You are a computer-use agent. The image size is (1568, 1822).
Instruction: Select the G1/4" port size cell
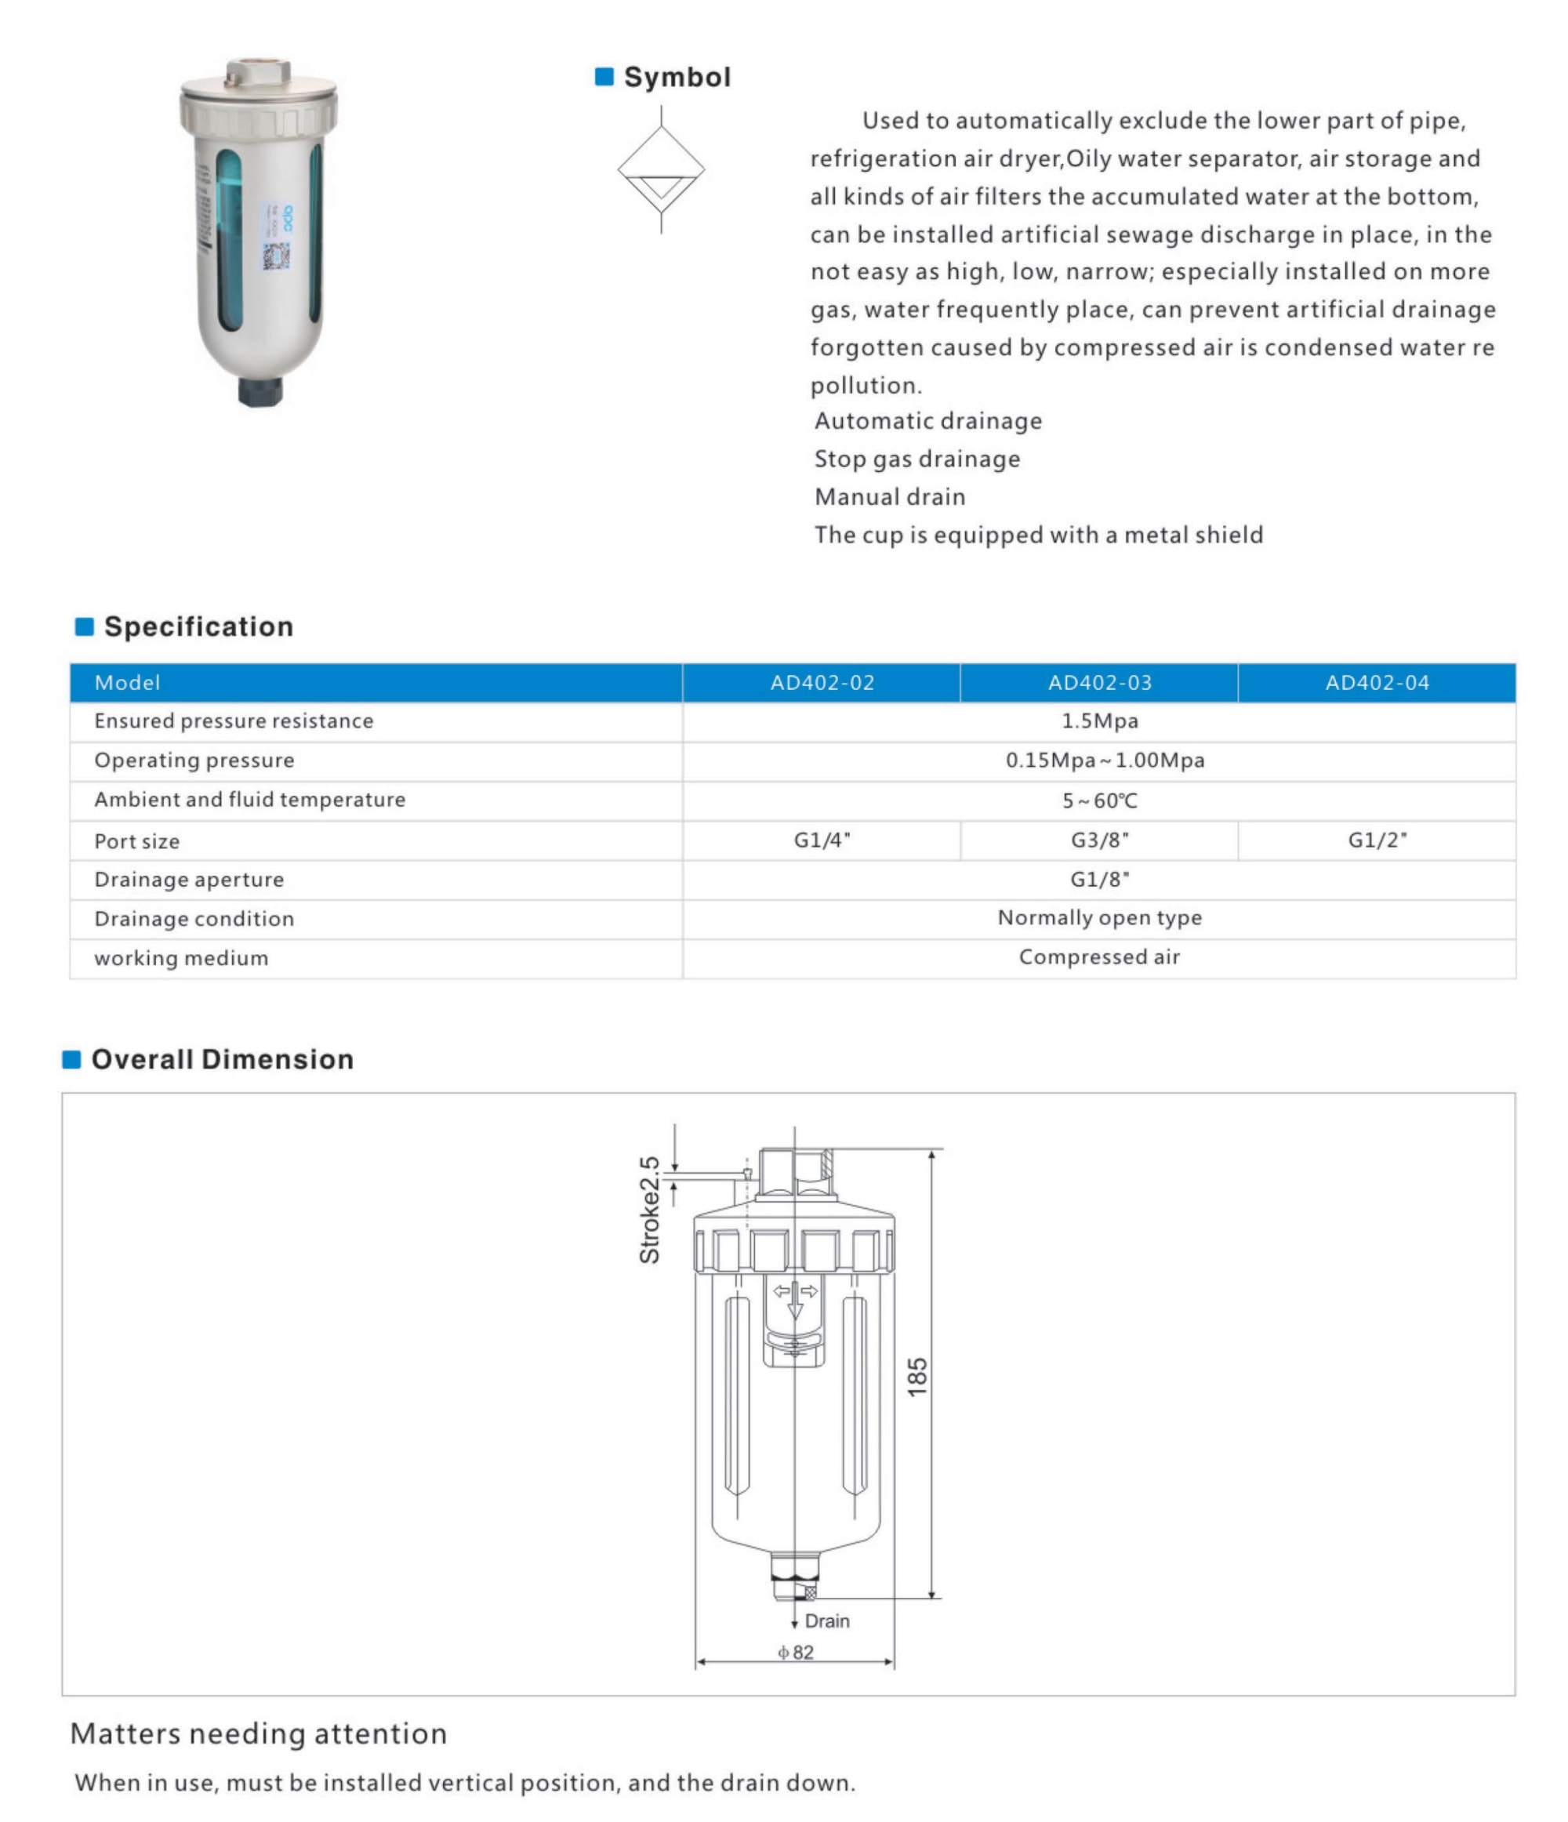(822, 840)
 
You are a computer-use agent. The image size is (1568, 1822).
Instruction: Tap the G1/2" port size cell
(1377, 840)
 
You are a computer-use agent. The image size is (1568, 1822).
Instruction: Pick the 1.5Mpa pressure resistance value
(1099, 721)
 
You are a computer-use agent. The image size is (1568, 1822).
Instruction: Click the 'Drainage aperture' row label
(189, 880)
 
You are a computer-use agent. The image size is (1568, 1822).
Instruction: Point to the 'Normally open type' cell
(1099, 918)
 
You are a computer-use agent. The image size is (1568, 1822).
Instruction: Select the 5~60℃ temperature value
(1099, 801)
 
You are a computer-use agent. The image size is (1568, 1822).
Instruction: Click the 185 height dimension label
(916, 1377)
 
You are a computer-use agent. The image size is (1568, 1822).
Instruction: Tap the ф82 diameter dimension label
(796, 1653)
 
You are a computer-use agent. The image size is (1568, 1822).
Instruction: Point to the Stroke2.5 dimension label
(649, 1210)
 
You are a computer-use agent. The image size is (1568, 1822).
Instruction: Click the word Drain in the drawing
(826, 1621)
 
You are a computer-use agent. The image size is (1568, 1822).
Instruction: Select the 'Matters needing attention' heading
(259, 1734)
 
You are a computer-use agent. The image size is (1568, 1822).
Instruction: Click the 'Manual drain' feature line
(890, 498)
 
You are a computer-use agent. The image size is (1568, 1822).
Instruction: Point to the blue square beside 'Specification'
(85, 627)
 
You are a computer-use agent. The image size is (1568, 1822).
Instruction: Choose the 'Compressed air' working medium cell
(1099, 957)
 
